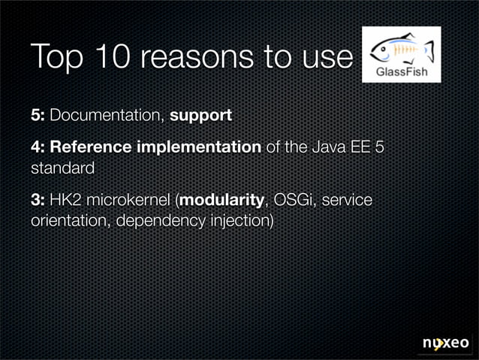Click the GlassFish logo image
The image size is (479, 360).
(401, 54)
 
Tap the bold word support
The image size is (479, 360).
(200, 116)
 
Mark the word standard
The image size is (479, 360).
(62, 168)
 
